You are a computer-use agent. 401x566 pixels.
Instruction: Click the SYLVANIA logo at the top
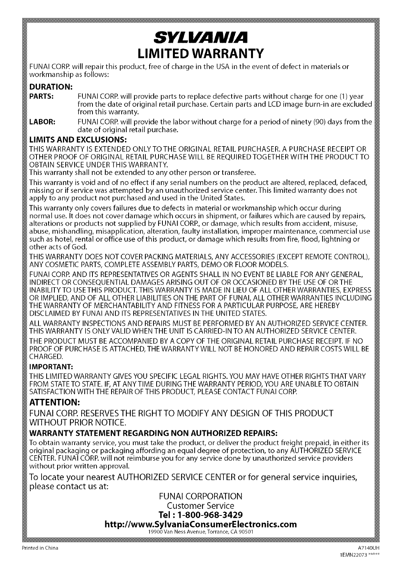tap(200, 37)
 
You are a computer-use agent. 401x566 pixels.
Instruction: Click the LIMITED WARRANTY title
tap(200, 52)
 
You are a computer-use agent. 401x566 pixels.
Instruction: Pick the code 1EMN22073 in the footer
tap(356, 555)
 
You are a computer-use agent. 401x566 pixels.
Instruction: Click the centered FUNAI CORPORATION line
tap(200, 496)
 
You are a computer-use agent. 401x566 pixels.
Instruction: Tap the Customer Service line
tap(200, 506)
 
